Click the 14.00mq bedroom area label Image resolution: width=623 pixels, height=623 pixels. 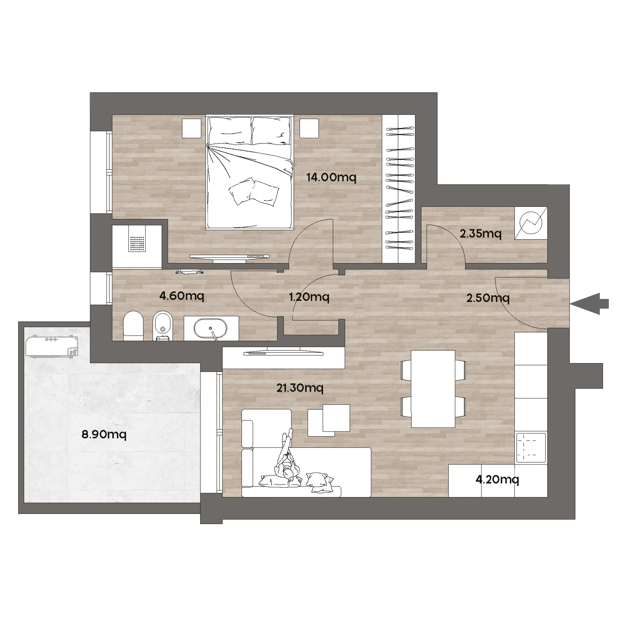(x=331, y=177)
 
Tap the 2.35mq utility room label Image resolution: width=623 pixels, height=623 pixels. (x=480, y=234)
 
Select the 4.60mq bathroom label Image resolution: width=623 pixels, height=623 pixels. (x=182, y=296)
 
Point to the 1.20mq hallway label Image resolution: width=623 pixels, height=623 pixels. (x=309, y=297)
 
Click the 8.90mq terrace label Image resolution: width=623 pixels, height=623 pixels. (x=104, y=434)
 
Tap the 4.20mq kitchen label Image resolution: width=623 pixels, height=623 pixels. (x=497, y=479)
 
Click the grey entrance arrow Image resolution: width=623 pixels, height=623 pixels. (x=589, y=304)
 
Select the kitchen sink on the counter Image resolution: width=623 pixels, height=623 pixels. (x=531, y=448)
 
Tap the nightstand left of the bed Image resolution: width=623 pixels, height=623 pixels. (x=192, y=128)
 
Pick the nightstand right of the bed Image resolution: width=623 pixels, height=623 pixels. (x=309, y=128)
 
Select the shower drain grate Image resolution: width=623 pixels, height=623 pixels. (x=137, y=244)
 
